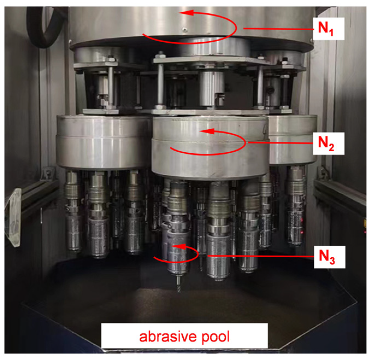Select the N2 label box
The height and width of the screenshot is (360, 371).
coord(328,144)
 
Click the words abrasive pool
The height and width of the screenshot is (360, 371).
coord(184,337)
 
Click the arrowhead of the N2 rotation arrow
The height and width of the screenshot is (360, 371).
coord(207,131)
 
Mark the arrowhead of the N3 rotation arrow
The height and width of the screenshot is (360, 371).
coord(179,247)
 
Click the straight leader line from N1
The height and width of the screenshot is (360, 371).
coord(278,29)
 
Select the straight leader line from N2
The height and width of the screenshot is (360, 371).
coord(280,143)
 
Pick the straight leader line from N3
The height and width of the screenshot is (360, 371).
coord(261,256)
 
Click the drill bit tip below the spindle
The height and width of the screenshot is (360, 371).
coord(179,292)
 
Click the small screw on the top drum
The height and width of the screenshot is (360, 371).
coord(184,29)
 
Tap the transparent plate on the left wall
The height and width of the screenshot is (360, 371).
coord(13,218)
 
